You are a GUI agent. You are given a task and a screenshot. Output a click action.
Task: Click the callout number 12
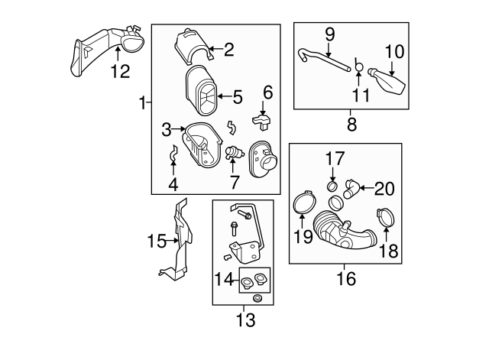[120, 72]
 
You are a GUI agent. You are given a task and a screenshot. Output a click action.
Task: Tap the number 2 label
[228, 50]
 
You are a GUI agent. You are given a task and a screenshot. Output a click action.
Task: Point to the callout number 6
[267, 92]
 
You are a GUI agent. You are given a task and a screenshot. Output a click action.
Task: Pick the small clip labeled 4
[173, 157]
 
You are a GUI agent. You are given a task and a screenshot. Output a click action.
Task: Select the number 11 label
[360, 96]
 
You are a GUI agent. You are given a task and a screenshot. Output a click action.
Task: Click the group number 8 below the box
[351, 122]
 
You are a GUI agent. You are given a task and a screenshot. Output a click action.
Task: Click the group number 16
[346, 277]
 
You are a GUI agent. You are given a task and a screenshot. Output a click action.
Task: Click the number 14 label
[225, 280]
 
